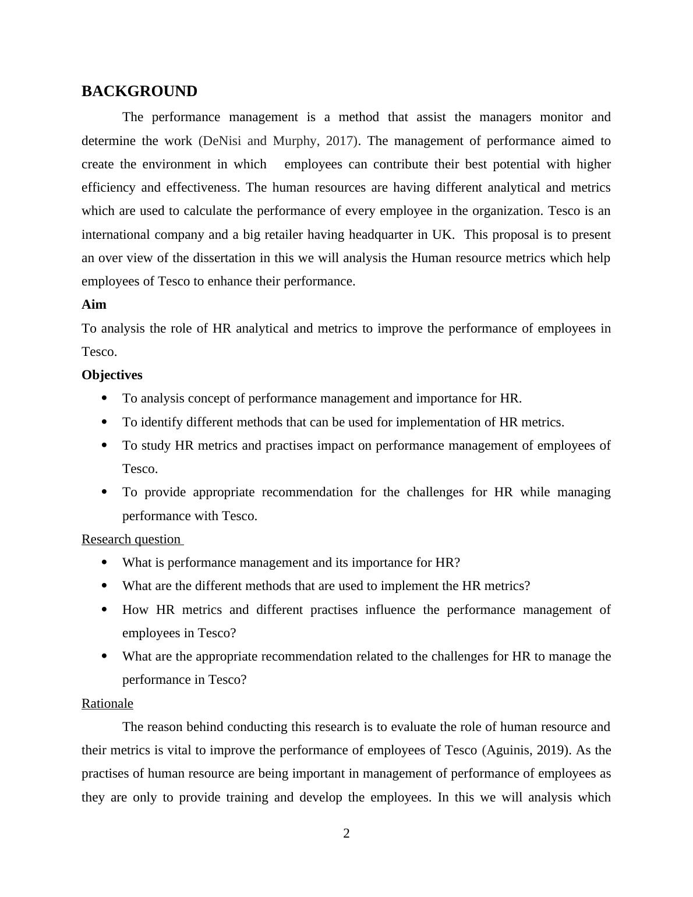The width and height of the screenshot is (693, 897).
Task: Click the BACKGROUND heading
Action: (x=139, y=91)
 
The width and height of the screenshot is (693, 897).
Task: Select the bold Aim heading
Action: (x=94, y=305)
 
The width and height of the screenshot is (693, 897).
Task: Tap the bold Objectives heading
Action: (x=112, y=375)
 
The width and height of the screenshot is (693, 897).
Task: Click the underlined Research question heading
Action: (x=132, y=539)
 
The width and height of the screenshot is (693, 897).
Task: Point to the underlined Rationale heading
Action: (x=107, y=704)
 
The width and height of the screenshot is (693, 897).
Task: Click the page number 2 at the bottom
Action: (x=346, y=834)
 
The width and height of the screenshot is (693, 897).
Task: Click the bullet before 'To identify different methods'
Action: (x=104, y=422)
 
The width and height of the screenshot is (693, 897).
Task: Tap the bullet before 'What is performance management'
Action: (x=104, y=563)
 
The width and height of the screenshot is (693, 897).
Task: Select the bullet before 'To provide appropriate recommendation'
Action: (x=104, y=492)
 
